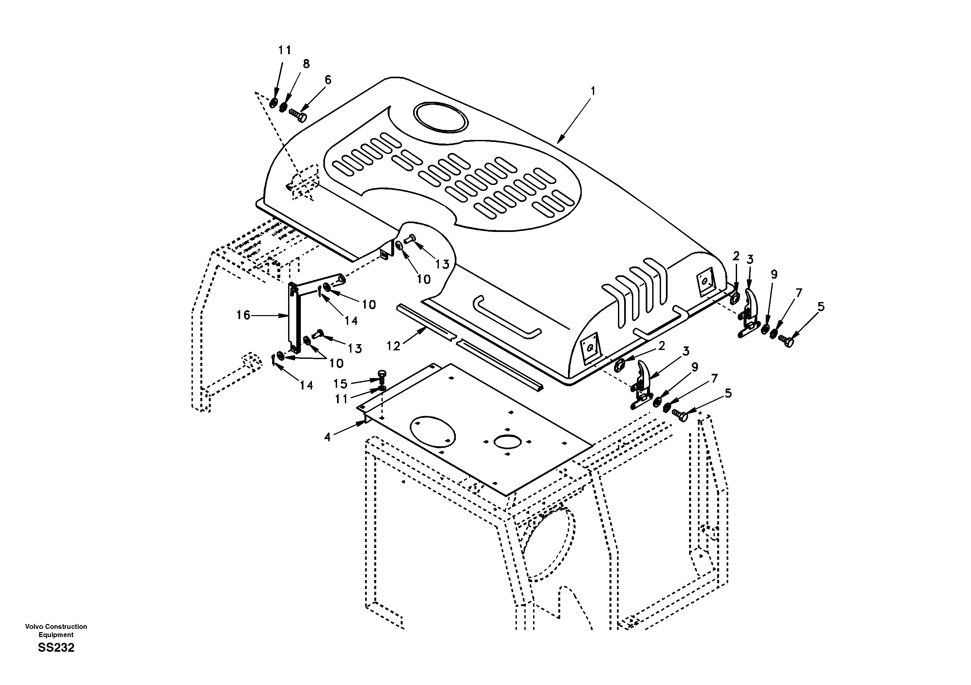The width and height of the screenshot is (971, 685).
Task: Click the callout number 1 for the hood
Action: [593, 91]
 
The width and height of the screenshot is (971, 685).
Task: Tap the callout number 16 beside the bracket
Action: [243, 315]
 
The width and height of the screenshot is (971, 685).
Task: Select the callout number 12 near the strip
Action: [393, 346]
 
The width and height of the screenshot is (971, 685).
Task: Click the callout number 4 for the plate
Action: [327, 437]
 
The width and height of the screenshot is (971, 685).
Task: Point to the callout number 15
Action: [340, 384]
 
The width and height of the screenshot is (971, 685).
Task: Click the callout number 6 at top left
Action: [328, 80]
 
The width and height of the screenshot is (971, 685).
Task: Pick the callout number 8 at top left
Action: [306, 64]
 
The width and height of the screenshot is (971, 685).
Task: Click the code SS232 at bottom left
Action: [56, 647]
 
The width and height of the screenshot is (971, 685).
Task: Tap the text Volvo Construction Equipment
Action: [56, 631]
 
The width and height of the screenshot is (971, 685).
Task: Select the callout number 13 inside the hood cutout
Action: [442, 264]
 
